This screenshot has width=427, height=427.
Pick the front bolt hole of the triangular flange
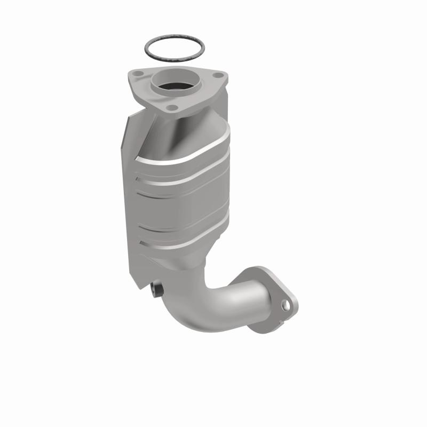click(x=172, y=108)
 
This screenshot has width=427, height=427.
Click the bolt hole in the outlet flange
click(x=287, y=306)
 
